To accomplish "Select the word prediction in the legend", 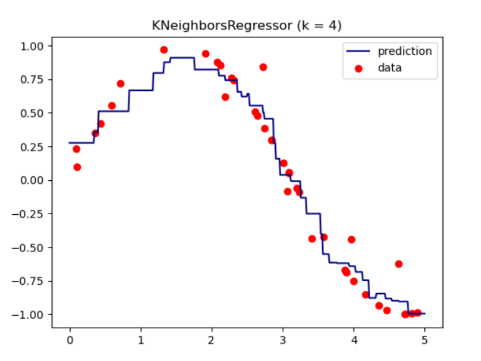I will click(405, 51).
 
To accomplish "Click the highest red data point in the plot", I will click(164, 50).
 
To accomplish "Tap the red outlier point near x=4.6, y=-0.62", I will click(399, 264).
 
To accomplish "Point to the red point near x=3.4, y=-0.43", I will click(312, 238).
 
